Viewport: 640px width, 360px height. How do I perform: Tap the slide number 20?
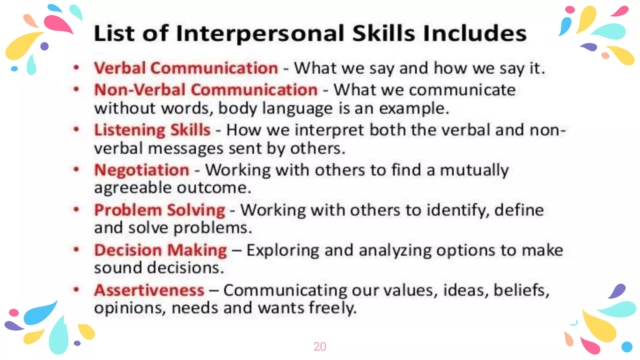pos(320,347)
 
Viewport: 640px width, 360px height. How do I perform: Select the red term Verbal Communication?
pos(186,68)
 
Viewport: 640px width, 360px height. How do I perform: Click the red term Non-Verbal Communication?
pos(206,90)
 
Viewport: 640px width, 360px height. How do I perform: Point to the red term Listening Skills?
pos(152,130)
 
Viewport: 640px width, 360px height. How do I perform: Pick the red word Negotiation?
pos(142,170)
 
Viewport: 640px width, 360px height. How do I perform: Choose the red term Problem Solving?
pos(160,210)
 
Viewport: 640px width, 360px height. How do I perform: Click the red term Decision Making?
pos(161,250)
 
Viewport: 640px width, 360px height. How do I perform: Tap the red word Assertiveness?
pos(149,290)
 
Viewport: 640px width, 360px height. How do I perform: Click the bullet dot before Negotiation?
pos(76,169)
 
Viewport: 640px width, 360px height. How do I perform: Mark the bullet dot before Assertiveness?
pos(76,289)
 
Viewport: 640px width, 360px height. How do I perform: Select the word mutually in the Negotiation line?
pos(474,171)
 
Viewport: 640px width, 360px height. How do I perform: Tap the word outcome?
pos(214,188)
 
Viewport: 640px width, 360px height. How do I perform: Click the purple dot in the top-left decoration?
pos(45,46)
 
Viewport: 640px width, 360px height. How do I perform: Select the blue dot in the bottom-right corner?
pos(627,347)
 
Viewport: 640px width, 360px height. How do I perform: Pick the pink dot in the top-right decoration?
pos(570,10)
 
